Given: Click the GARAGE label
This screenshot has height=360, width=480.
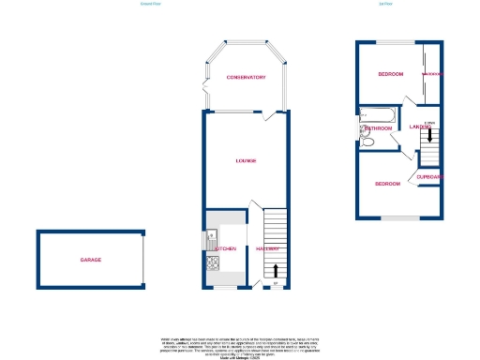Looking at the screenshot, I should pyautogui.click(x=90, y=260).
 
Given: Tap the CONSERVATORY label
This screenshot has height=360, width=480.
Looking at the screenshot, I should pyautogui.click(x=246, y=78).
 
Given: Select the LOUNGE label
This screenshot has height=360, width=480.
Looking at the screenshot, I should pyautogui.click(x=246, y=161).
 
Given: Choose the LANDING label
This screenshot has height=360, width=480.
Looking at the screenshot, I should pyautogui.click(x=418, y=127).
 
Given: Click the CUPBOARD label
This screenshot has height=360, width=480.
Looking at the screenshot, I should pyautogui.click(x=429, y=177).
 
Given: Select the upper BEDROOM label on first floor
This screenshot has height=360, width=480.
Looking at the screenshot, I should pyautogui.click(x=390, y=74).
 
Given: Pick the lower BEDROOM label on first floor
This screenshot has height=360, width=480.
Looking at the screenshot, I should pyautogui.click(x=387, y=184).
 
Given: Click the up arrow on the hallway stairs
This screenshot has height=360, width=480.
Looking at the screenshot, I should pyautogui.click(x=275, y=249).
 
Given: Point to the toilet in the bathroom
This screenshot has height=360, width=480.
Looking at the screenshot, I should pyautogui.click(x=367, y=142).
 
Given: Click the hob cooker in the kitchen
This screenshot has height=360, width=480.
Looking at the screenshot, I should pyautogui.click(x=212, y=265).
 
